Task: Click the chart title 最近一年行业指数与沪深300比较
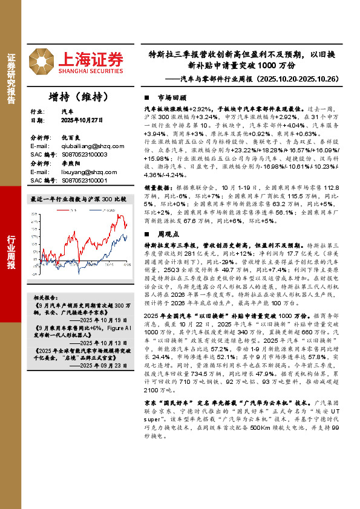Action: coord(78,199)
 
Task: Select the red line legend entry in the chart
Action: coord(67,209)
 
